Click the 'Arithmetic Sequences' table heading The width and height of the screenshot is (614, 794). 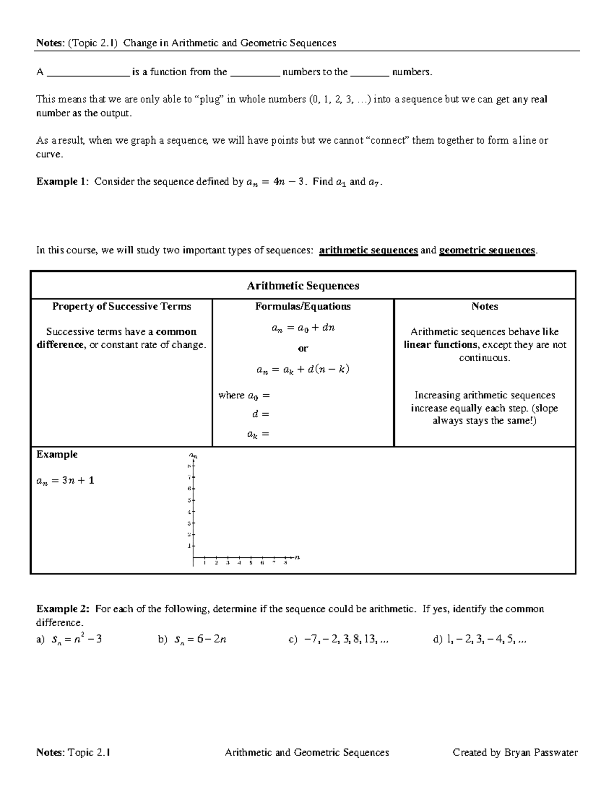point(303,286)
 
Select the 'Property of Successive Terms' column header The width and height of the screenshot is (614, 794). point(121,306)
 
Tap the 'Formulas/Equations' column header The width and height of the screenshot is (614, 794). point(303,306)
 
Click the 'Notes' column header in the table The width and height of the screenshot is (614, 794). point(485,306)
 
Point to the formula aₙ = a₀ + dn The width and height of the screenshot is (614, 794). point(303,328)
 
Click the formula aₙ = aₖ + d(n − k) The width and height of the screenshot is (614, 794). point(303,369)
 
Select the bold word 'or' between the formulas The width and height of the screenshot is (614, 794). point(303,349)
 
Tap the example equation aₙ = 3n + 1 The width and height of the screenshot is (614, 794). point(65,481)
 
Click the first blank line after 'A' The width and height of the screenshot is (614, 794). point(87,73)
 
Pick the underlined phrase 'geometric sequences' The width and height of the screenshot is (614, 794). point(487,251)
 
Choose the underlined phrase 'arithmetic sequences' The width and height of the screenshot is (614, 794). point(368,251)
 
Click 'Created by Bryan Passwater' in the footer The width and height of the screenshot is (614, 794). point(515,752)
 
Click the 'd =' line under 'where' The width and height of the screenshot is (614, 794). point(260,415)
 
